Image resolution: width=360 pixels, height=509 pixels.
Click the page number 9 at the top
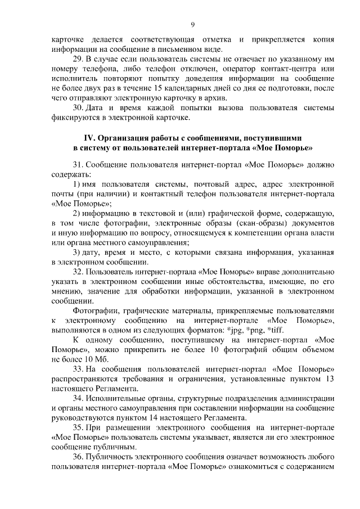[x=193, y=24]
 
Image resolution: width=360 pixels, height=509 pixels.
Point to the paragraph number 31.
[x=78, y=165]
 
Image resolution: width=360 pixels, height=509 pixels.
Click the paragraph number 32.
[x=78, y=272]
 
